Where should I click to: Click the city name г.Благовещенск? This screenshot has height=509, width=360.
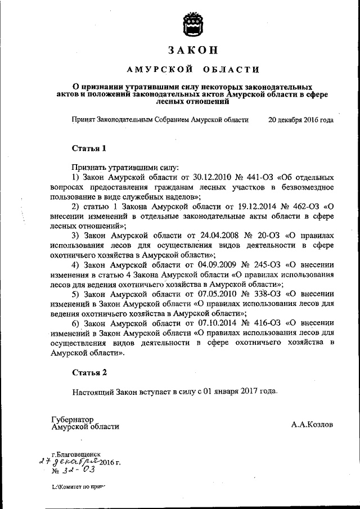(x=75, y=453)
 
